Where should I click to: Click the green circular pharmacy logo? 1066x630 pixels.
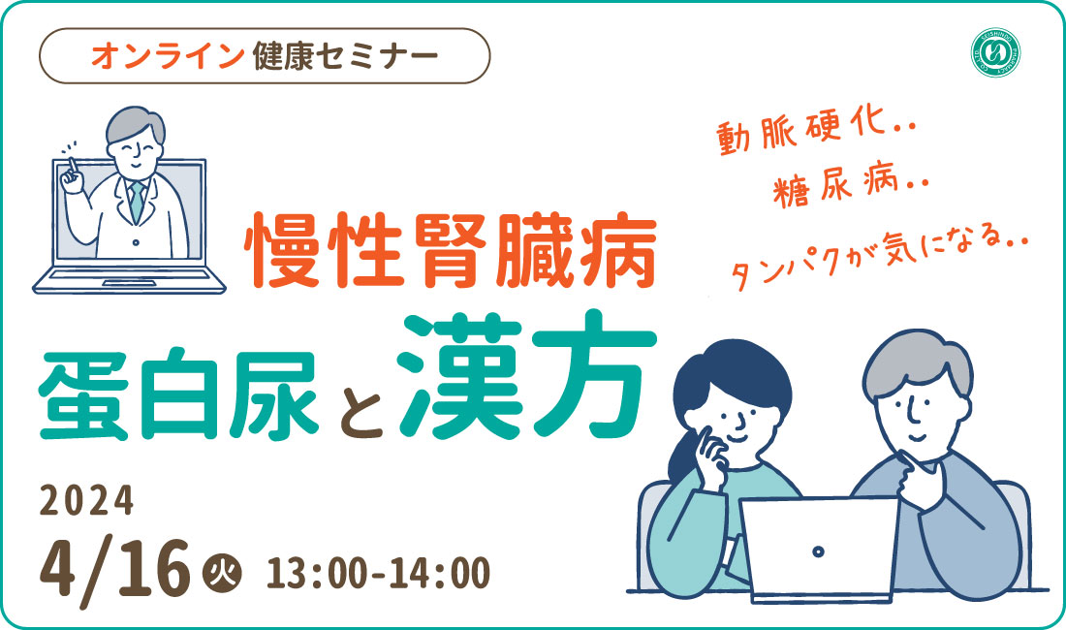(x=995, y=53)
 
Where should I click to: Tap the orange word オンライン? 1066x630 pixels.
(x=168, y=55)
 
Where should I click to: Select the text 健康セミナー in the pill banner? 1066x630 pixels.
(x=345, y=55)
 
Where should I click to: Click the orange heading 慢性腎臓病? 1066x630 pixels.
(x=451, y=251)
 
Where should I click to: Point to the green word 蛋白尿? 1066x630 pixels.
(x=179, y=394)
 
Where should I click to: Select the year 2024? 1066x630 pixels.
(x=86, y=501)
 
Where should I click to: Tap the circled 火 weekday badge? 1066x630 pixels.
(x=222, y=576)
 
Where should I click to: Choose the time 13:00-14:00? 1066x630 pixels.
(x=378, y=574)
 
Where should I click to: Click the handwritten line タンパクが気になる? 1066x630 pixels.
(x=878, y=259)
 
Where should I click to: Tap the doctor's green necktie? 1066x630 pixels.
(x=138, y=202)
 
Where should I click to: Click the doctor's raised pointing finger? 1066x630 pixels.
(x=70, y=167)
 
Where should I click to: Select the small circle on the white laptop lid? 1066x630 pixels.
(x=819, y=551)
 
